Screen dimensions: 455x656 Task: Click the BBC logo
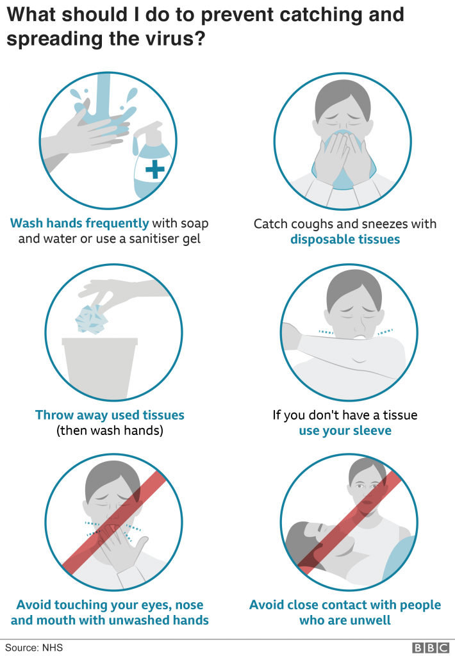431,648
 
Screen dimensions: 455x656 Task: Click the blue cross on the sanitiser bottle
155,169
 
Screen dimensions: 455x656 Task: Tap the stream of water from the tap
103,96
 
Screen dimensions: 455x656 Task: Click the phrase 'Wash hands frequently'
79,223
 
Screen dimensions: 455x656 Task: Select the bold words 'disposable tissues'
345,240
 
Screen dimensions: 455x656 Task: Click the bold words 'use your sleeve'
345,430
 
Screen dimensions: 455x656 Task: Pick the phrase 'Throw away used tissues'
110,414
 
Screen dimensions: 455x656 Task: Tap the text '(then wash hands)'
110,430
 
